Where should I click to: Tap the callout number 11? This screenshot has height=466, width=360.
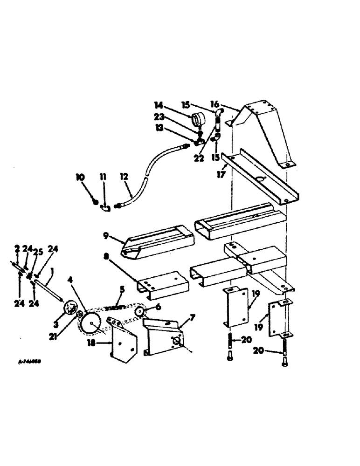point(103,177)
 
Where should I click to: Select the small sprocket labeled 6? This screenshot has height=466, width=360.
point(140,311)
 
